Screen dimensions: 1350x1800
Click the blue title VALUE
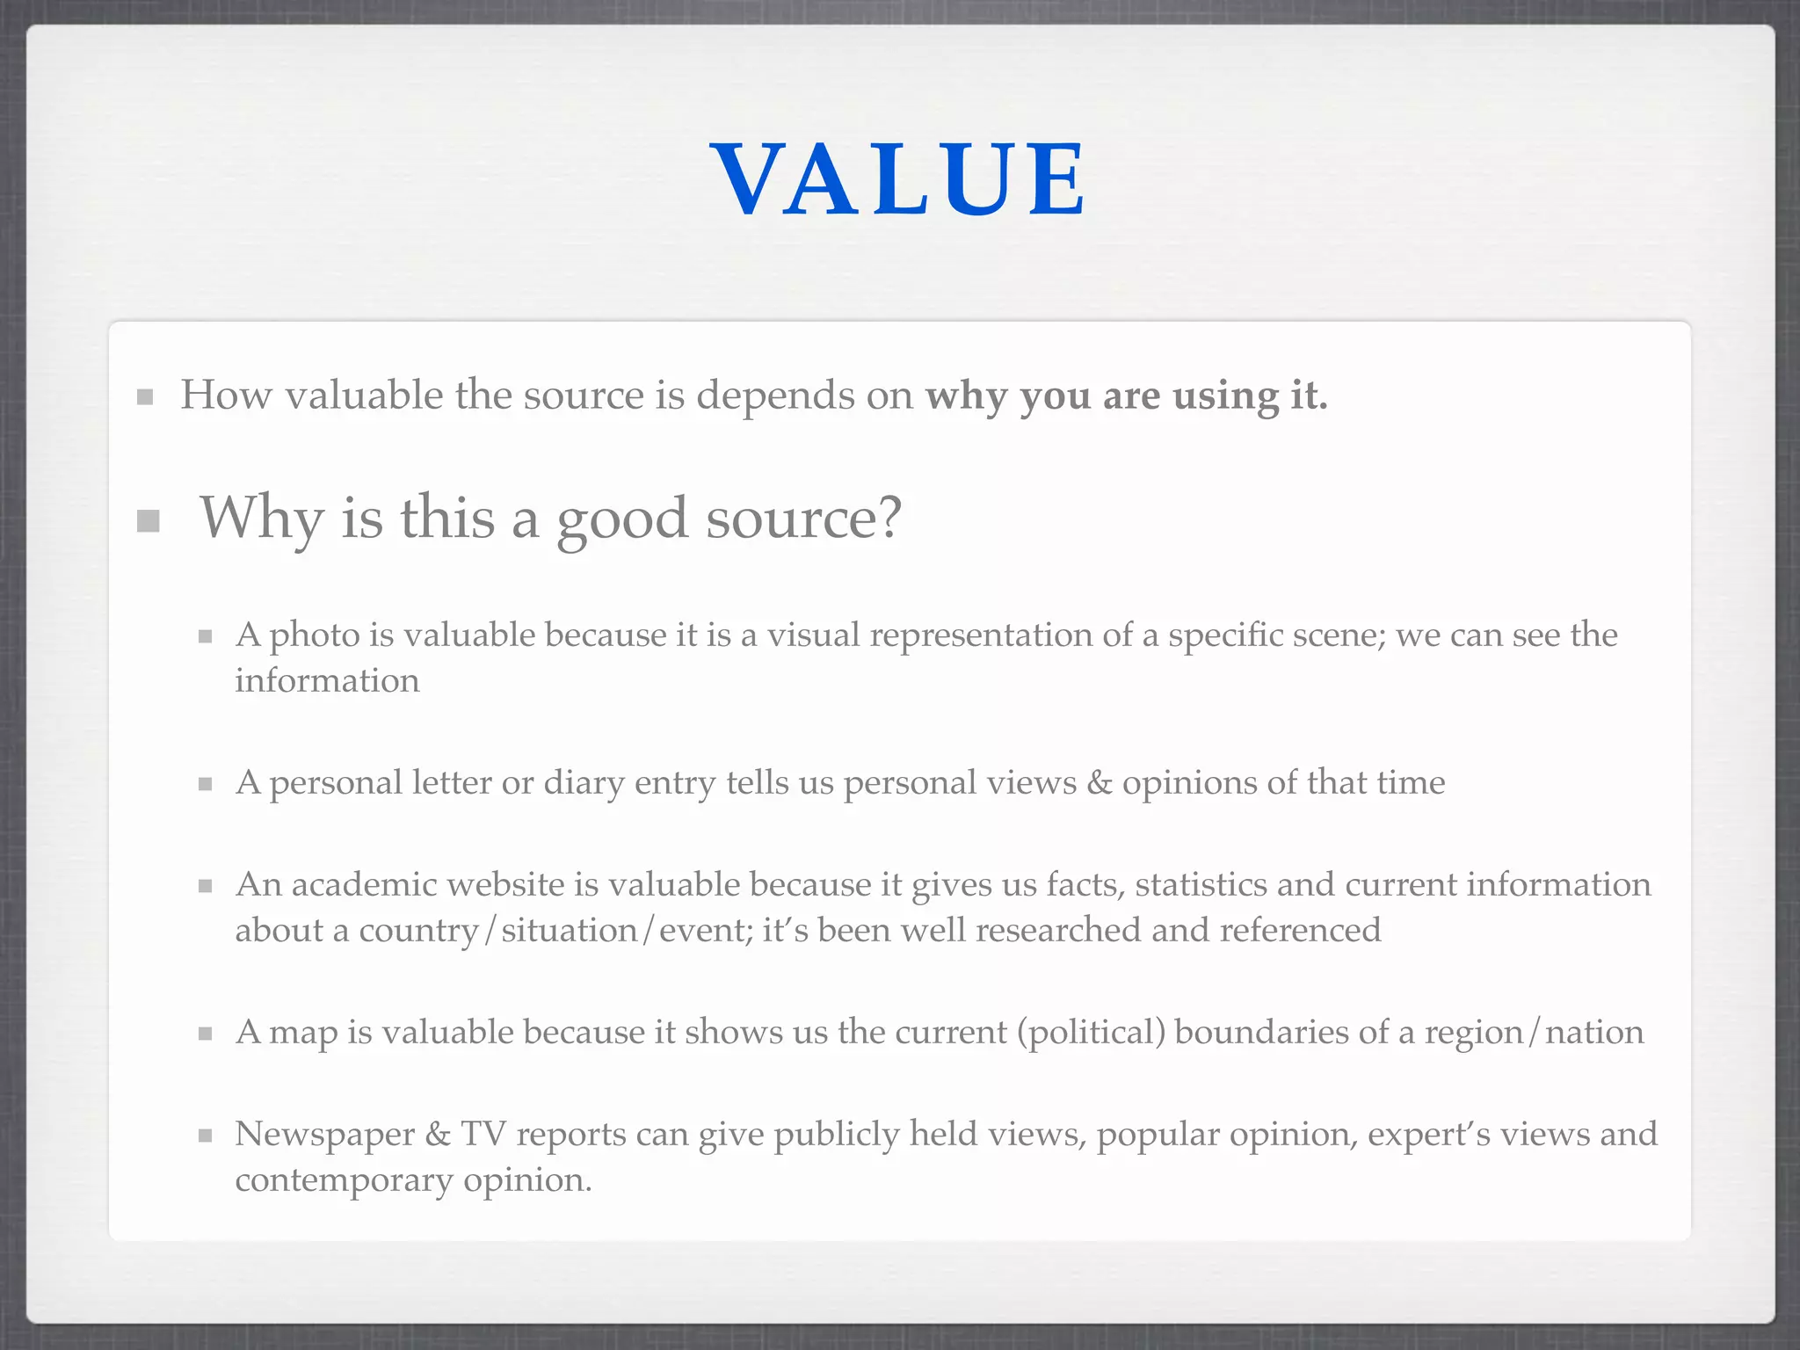(898, 179)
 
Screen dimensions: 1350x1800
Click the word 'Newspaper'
(324, 1135)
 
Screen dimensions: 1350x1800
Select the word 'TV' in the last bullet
(483, 1135)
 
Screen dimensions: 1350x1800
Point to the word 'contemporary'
(344, 1180)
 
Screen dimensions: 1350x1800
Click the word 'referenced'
(1301, 931)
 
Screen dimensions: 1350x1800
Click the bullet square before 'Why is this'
(149, 521)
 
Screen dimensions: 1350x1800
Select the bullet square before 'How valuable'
(146, 397)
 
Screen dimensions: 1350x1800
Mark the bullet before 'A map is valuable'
(206, 1034)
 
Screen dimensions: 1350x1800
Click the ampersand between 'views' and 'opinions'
(1099, 783)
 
